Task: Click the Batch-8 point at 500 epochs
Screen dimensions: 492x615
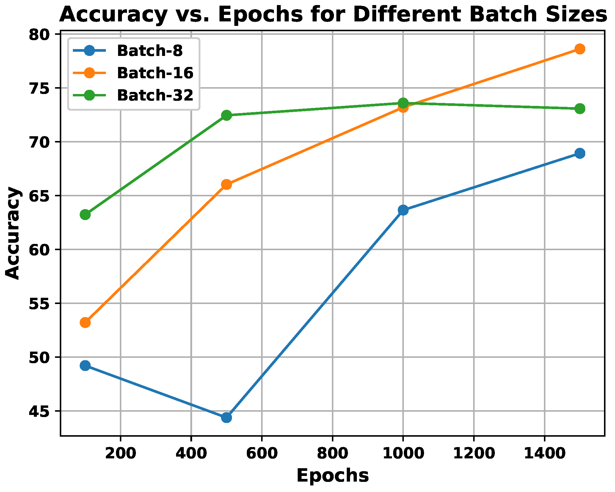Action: (x=226, y=418)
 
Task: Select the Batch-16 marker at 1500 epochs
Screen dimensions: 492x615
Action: (x=580, y=49)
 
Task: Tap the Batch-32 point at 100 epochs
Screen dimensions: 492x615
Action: (x=85, y=214)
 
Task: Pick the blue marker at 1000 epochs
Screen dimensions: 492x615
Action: (x=403, y=210)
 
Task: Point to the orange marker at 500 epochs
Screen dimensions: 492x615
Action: (x=226, y=184)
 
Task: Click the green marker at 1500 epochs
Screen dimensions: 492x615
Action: (x=580, y=109)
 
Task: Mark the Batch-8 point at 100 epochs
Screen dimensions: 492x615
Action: (x=85, y=366)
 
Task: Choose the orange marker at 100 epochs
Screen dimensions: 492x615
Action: (x=85, y=322)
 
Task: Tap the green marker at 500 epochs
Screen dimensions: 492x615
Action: (x=226, y=115)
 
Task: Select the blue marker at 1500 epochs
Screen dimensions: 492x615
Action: (x=580, y=153)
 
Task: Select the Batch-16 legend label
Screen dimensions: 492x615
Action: (x=155, y=73)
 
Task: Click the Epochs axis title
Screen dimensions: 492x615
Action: (x=332, y=475)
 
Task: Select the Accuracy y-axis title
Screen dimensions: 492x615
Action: (x=13, y=233)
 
